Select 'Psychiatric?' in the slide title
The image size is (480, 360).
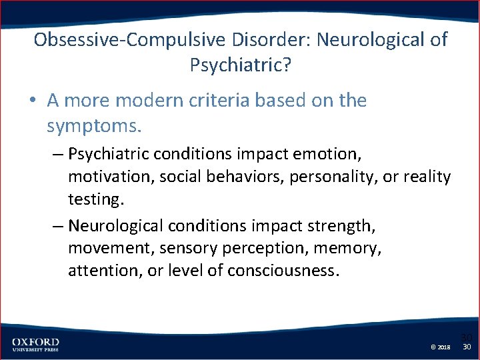pos(240,65)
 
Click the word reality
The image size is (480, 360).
pos(427,177)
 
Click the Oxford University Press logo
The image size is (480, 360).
pos(35,345)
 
